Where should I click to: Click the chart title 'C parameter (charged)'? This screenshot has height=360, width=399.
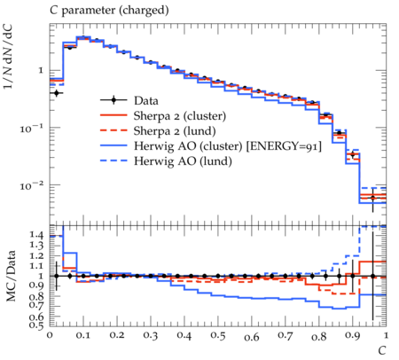[109, 11]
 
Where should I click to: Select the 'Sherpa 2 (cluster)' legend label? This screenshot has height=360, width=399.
[180, 116]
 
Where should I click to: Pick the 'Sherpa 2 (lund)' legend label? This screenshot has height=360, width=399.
[175, 131]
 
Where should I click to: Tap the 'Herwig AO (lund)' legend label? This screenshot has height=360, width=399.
[183, 161]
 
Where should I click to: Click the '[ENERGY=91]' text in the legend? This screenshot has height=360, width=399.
[284, 146]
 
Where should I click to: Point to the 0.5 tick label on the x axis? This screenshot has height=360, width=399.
[218, 336]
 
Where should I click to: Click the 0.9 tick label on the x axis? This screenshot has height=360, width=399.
[352, 336]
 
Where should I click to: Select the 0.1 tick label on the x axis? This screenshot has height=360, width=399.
[83, 336]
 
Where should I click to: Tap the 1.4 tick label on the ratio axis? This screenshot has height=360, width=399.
[36, 235]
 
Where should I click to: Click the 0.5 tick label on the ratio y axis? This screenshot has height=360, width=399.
[36, 325]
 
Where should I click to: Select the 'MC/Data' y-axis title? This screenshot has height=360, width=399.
[11, 276]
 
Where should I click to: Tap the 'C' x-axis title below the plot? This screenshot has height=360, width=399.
[382, 350]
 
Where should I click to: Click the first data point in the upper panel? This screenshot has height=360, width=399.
[57, 93]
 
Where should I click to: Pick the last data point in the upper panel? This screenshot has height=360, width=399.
[372, 198]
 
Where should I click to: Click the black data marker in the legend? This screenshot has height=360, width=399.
[113, 100]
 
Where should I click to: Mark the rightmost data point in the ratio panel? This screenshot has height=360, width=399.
[372, 276]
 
